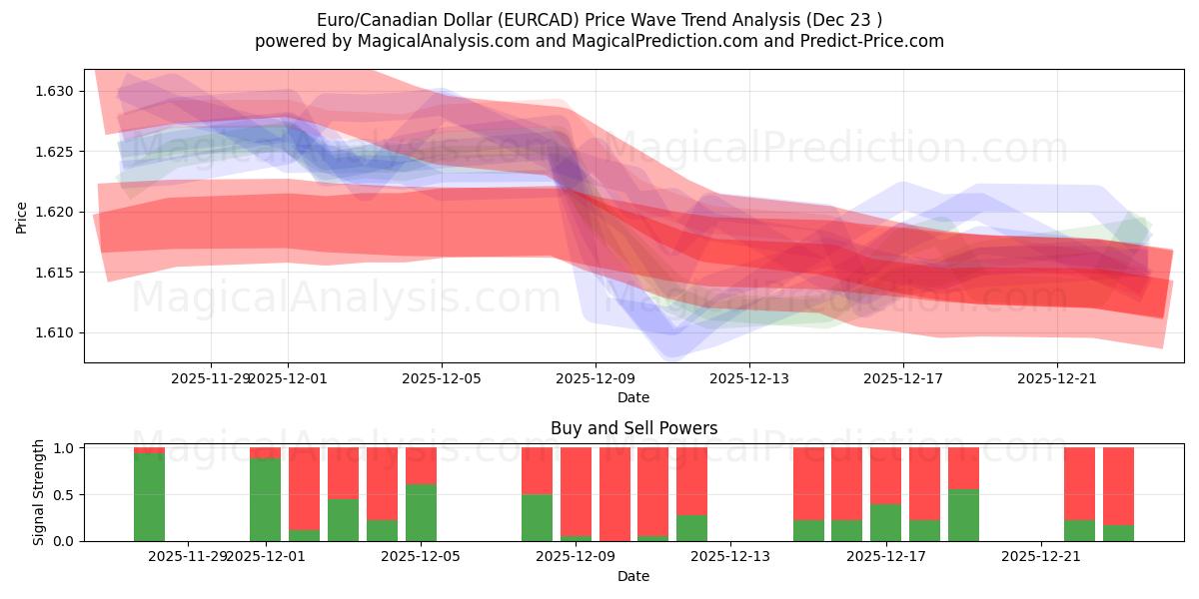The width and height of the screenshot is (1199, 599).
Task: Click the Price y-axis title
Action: click(22, 216)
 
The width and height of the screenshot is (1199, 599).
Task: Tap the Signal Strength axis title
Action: click(40, 492)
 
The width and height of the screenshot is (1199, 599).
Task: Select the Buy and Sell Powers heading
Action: click(633, 428)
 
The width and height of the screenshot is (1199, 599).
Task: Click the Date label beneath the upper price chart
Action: click(633, 397)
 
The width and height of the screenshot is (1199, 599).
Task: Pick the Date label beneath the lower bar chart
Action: click(633, 576)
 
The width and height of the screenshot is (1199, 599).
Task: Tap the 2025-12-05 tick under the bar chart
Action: click(420, 556)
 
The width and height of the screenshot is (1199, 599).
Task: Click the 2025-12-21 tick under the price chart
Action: click(1057, 378)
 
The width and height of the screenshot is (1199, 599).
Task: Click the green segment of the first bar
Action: click(149, 497)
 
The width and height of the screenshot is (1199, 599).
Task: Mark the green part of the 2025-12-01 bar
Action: click(265, 499)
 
